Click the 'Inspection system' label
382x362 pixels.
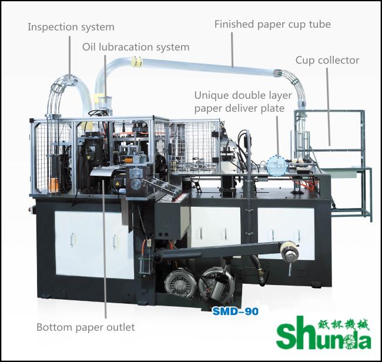point(71,27)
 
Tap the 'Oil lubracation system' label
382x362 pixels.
point(136,47)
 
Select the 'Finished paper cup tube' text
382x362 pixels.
point(272,24)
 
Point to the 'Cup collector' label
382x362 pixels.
point(327,61)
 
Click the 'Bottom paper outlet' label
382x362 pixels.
point(86,327)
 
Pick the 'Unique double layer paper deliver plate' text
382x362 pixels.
point(243,102)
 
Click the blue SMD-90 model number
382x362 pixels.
point(235,311)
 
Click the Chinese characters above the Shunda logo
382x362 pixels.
point(344,325)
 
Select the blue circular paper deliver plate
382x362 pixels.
point(277,166)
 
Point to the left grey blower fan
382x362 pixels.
point(178,281)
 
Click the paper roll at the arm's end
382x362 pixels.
point(289,251)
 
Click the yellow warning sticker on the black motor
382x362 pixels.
point(118,183)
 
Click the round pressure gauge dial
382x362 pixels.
point(136,183)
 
